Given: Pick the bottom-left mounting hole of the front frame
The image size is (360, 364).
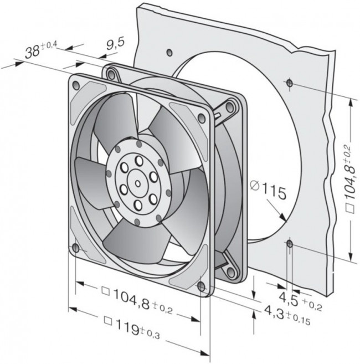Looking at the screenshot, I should click(x=75, y=248).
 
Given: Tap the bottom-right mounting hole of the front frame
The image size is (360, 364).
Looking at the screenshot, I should click(x=200, y=285).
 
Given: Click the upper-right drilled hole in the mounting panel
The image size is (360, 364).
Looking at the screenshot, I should click(x=289, y=83).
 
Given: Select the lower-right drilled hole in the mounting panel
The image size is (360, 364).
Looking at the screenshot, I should click(x=289, y=243).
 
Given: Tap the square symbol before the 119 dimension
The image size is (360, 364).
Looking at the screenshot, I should click(x=109, y=321).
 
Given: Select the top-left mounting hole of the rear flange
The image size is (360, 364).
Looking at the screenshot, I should click(x=111, y=72).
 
